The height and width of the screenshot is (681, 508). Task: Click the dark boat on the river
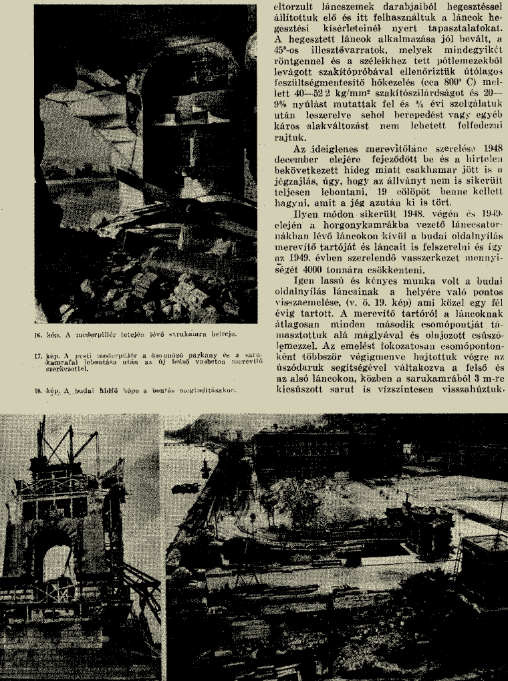(x=185, y=489)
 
